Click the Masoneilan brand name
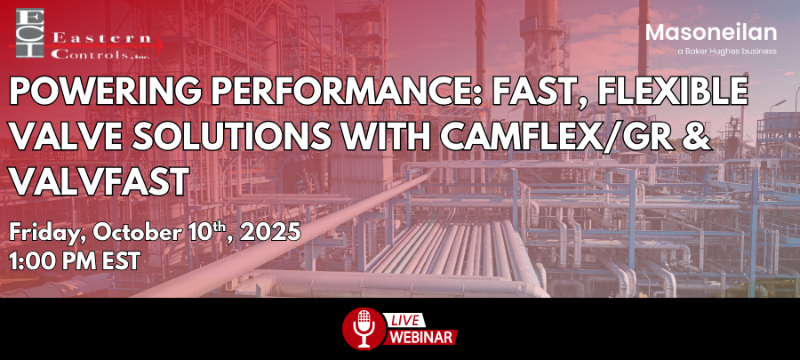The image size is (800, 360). click(x=711, y=33)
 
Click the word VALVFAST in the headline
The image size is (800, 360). click(x=98, y=182)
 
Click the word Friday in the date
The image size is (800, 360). click(x=44, y=233)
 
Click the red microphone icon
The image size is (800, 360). click(x=360, y=329)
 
